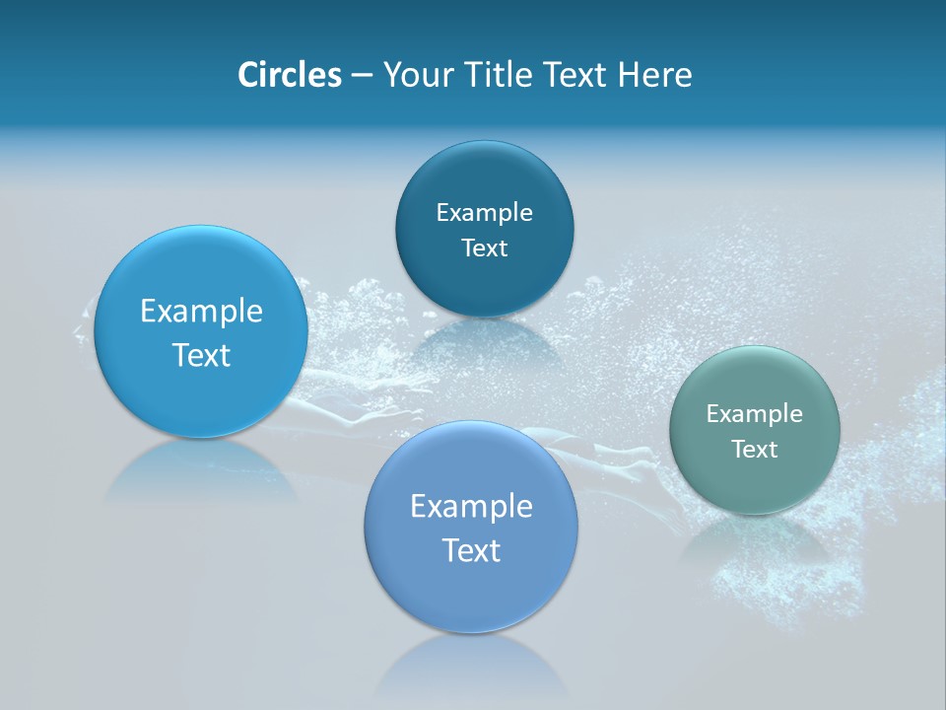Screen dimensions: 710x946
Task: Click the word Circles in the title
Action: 289,75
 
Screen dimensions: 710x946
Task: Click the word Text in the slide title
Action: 576,75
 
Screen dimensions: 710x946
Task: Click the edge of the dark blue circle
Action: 397,229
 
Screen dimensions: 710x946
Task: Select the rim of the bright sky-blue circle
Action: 96,332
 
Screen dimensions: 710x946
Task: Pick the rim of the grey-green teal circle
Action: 671,430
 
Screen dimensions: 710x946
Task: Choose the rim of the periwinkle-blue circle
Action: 366,528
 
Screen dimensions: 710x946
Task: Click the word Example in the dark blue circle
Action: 484,212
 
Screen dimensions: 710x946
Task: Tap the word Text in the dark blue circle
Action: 484,248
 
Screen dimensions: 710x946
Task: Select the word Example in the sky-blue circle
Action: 201,312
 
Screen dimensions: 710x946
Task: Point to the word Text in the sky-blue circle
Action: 201,355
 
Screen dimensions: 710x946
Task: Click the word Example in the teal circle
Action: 754,413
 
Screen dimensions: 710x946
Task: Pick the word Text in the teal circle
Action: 754,449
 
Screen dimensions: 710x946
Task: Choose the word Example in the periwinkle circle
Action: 471,507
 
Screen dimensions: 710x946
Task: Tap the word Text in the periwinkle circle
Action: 471,550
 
